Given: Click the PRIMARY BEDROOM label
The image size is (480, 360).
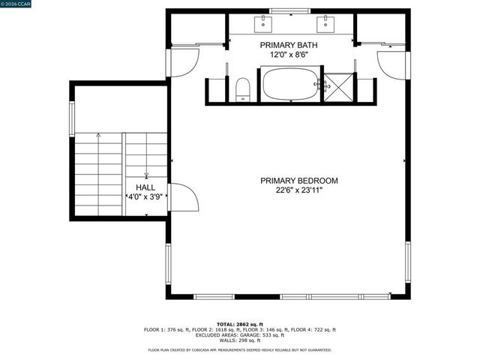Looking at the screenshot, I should click(299, 181).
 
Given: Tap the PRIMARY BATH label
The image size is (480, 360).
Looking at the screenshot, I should click(294, 45).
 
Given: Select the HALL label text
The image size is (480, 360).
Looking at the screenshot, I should click(145, 187).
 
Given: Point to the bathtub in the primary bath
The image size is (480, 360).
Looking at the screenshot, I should click(290, 83).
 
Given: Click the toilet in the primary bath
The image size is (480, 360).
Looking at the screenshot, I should click(242, 89).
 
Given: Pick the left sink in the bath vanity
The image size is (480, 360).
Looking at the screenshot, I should click(264, 24).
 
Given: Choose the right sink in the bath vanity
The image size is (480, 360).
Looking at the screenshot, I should click(325, 24).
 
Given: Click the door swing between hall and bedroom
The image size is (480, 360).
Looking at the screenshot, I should click(182, 198).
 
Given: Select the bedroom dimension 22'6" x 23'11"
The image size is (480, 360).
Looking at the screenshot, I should click(299, 190).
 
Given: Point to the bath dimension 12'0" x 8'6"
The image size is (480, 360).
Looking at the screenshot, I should click(294, 55).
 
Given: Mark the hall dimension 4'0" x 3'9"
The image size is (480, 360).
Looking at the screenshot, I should click(145, 196).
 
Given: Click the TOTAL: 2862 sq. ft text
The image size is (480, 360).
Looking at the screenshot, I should click(240, 324).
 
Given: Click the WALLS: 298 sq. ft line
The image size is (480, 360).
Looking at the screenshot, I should click(240, 340).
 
